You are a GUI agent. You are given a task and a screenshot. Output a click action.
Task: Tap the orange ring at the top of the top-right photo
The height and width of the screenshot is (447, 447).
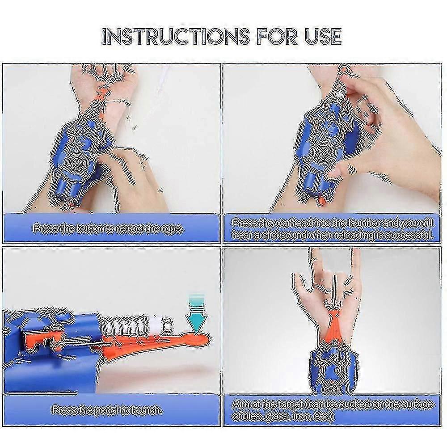(x=344, y=70)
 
